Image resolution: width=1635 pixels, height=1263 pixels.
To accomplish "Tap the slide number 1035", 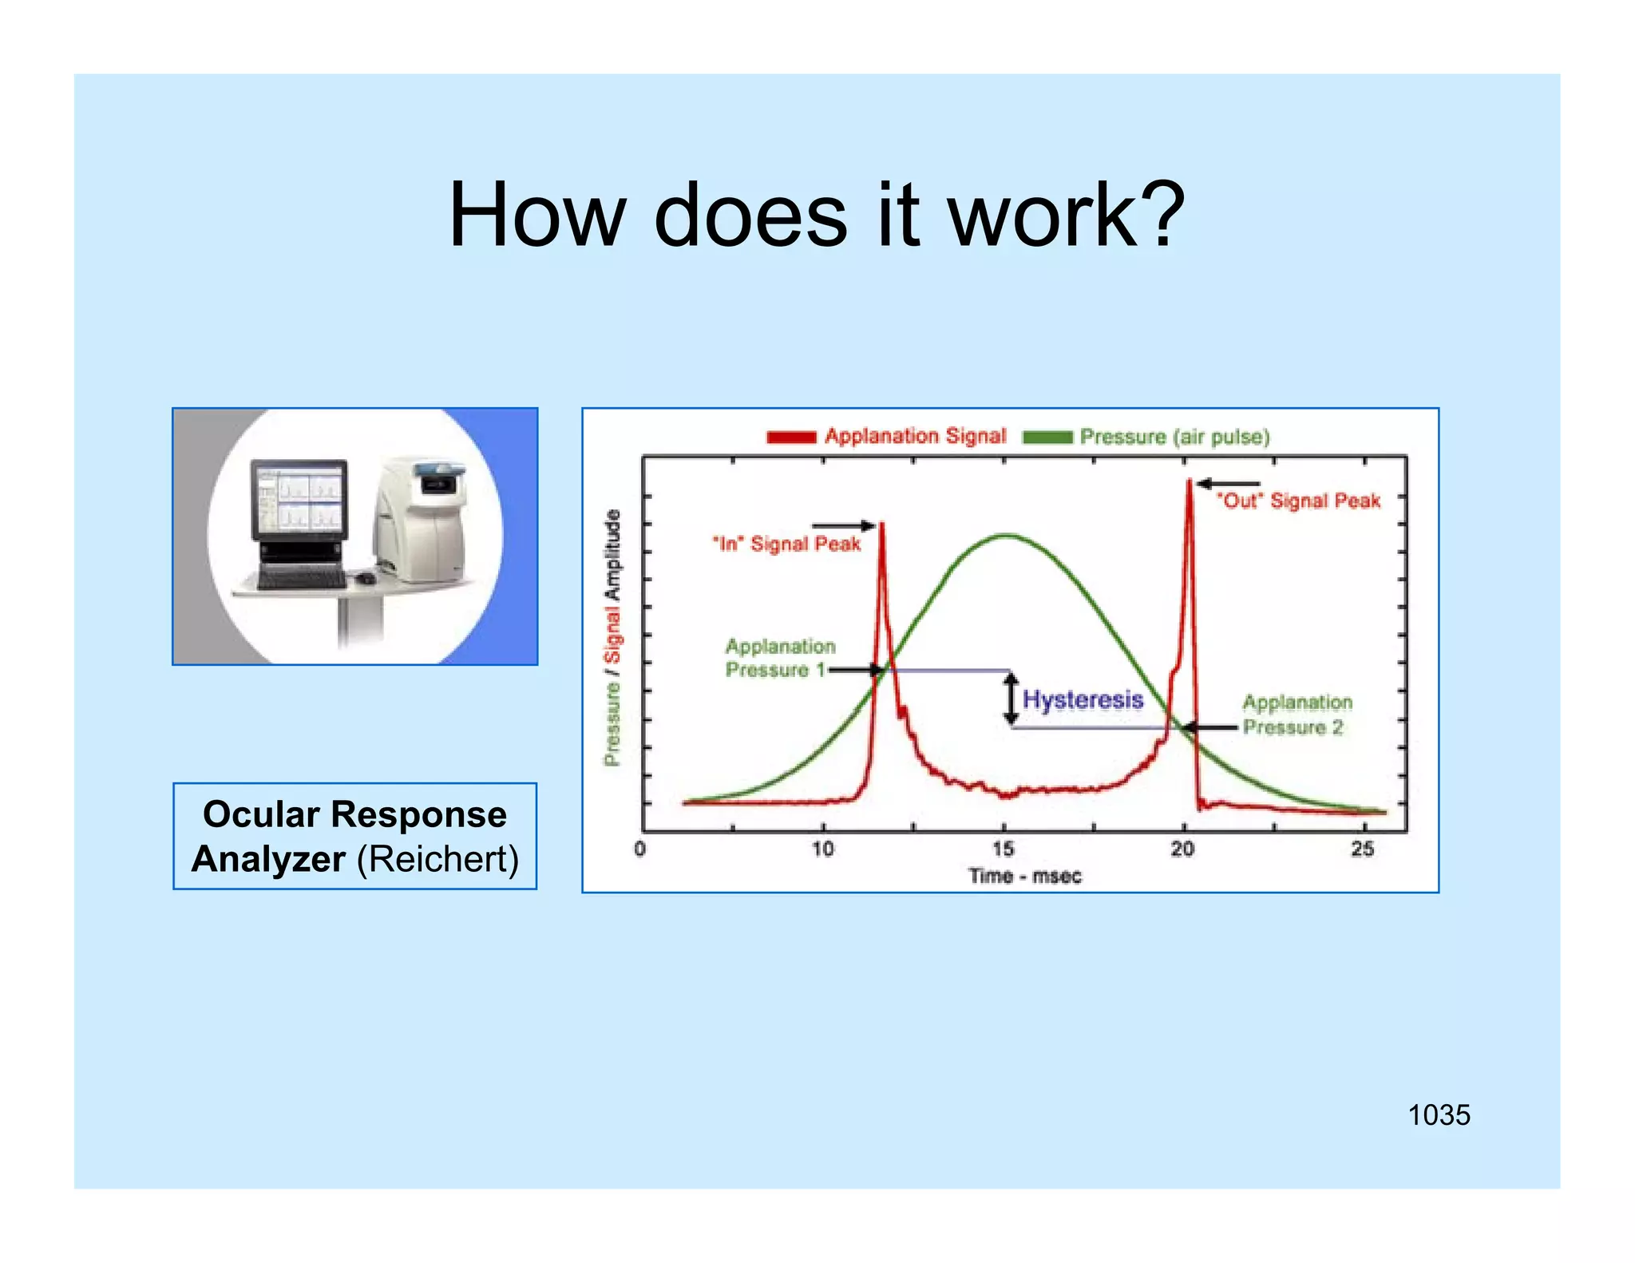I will click(x=1439, y=1115).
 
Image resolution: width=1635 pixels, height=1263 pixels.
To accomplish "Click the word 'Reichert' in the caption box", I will click(x=437, y=860).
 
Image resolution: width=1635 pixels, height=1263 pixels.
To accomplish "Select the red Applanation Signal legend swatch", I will click(x=790, y=437).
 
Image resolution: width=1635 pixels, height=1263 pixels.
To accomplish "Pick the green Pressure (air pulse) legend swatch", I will click(x=1047, y=437).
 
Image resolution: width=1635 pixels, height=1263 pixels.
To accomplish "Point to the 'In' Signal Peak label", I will click(x=786, y=544).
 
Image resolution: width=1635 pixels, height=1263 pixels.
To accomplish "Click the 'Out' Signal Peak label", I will click(x=1298, y=501).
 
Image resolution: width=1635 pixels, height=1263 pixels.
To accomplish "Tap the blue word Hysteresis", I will click(x=1083, y=700).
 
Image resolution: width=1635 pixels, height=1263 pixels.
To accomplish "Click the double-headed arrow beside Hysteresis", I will click(x=1011, y=699).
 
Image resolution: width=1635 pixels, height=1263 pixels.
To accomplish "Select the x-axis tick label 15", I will click(x=1003, y=849).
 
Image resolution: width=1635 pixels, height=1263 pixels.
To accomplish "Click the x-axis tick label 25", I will click(x=1363, y=849).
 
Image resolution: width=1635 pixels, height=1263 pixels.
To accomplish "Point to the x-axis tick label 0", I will click(x=639, y=849).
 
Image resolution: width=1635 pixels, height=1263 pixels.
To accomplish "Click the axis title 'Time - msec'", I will click(x=1025, y=877).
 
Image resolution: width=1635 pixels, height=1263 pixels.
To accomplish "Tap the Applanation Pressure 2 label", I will click(x=1297, y=715).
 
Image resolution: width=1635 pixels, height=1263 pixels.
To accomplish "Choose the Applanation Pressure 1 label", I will click(x=778, y=658).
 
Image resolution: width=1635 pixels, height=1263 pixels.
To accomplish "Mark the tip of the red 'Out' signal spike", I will click(x=1190, y=480).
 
